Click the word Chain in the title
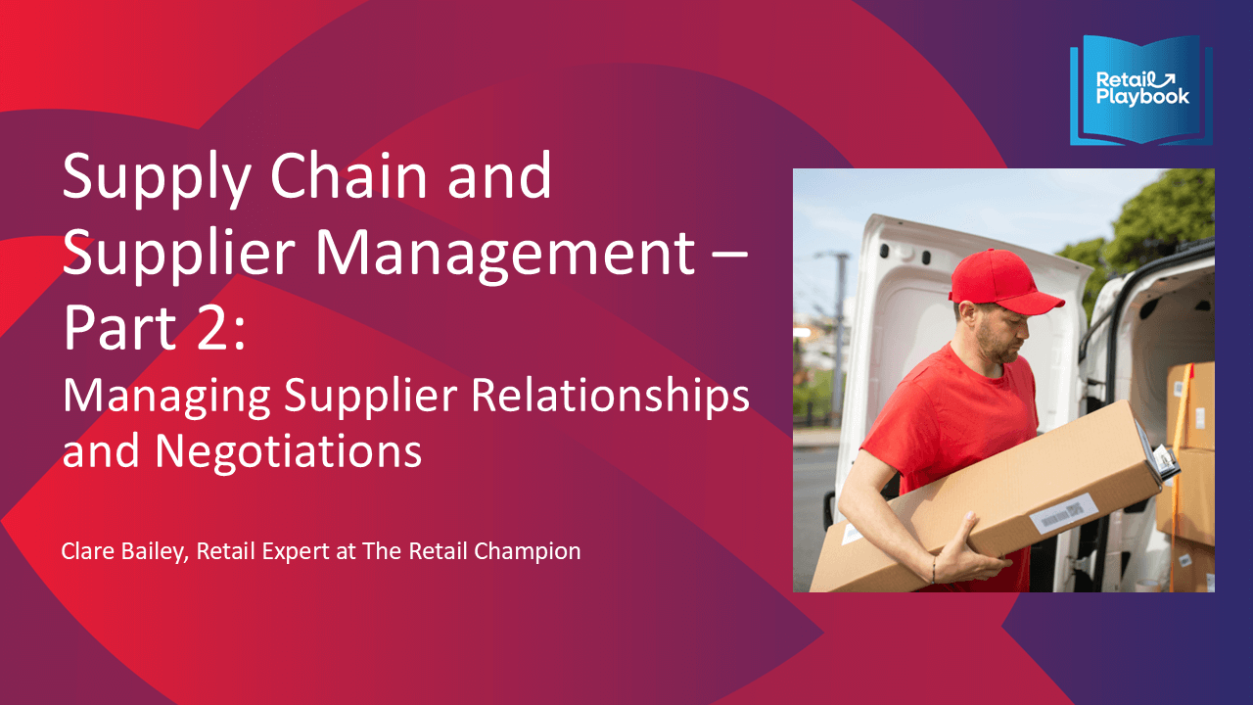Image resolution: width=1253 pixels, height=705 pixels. [x=350, y=176]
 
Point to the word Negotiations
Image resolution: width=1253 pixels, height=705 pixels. [x=288, y=451]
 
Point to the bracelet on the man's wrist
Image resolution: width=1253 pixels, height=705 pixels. [x=934, y=570]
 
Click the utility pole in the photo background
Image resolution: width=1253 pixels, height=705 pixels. [x=837, y=336]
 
